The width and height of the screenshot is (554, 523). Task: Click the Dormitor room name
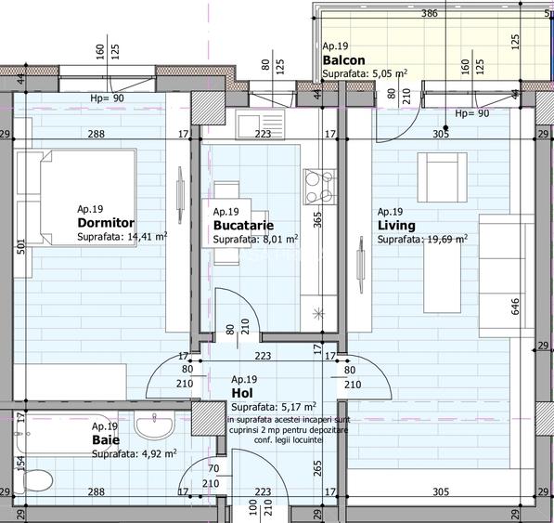click(106, 223)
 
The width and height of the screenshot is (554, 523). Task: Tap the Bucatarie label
click(244, 226)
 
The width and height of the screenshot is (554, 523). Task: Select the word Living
click(396, 226)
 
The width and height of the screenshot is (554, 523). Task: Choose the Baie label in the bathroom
click(104, 439)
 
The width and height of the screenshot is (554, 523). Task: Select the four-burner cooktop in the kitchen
click(320, 185)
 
